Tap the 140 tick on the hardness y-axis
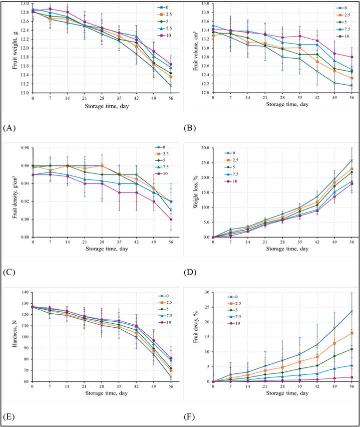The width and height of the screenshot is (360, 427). pyautogui.click(x=26, y=292)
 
